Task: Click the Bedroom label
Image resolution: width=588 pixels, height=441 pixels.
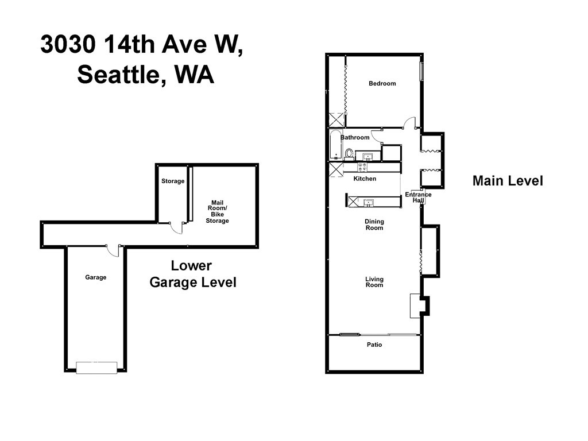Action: coord(382,83)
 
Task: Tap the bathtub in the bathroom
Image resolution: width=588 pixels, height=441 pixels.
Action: coord(335,145)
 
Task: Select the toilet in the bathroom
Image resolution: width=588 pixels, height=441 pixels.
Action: coord(349,154)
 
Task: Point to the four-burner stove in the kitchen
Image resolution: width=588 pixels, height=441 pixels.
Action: coord(363,167)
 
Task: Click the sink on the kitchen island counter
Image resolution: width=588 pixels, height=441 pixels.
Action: coord(369,203)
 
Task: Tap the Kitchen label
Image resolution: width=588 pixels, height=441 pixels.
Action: coord(365,179)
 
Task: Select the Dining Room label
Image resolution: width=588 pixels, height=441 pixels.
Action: coord(374,225)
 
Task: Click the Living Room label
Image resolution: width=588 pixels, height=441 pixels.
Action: coord(374,281)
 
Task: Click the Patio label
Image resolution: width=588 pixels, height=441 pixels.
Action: coord(374,345)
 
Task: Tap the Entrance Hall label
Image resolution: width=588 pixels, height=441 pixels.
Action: coord(418,198)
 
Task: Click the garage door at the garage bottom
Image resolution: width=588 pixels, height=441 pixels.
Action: coord(96,367)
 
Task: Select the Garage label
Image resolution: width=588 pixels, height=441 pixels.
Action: coord(96,277)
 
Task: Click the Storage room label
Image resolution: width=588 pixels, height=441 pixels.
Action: coord(173,181)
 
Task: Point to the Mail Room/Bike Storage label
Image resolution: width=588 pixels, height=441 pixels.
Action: coord(217,211)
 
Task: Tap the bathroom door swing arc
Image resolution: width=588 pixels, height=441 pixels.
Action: coord(376,136)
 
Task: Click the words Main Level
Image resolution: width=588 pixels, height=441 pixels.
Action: coord(508,181)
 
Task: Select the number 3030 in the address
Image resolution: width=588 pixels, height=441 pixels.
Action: coord(68,44)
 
